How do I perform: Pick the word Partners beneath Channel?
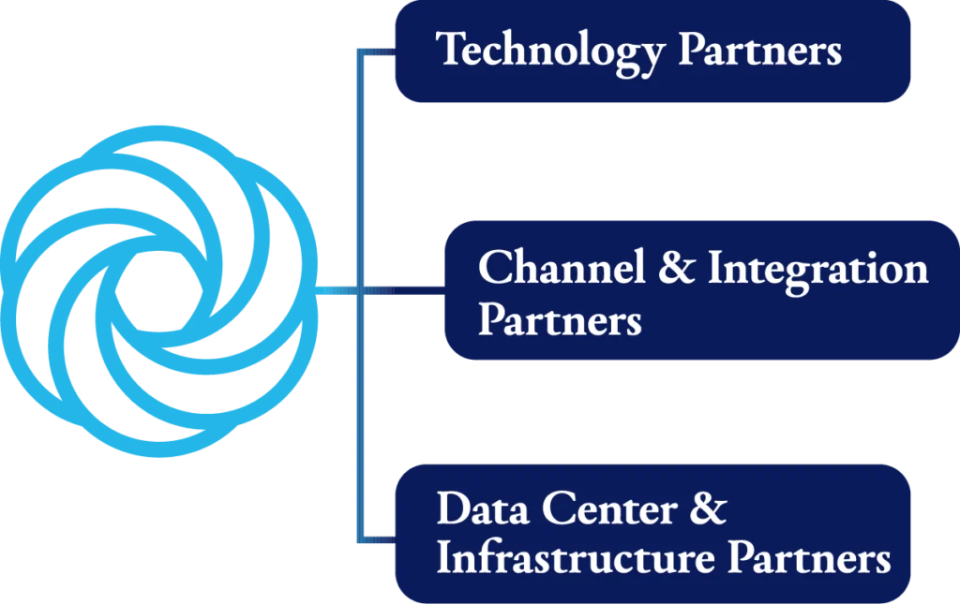coord(560,320)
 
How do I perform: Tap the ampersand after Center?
coord(709,511)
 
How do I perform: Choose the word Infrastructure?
coord(577,559)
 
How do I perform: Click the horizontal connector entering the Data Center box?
coord(375,540)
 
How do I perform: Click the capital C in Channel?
coord(492,269)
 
